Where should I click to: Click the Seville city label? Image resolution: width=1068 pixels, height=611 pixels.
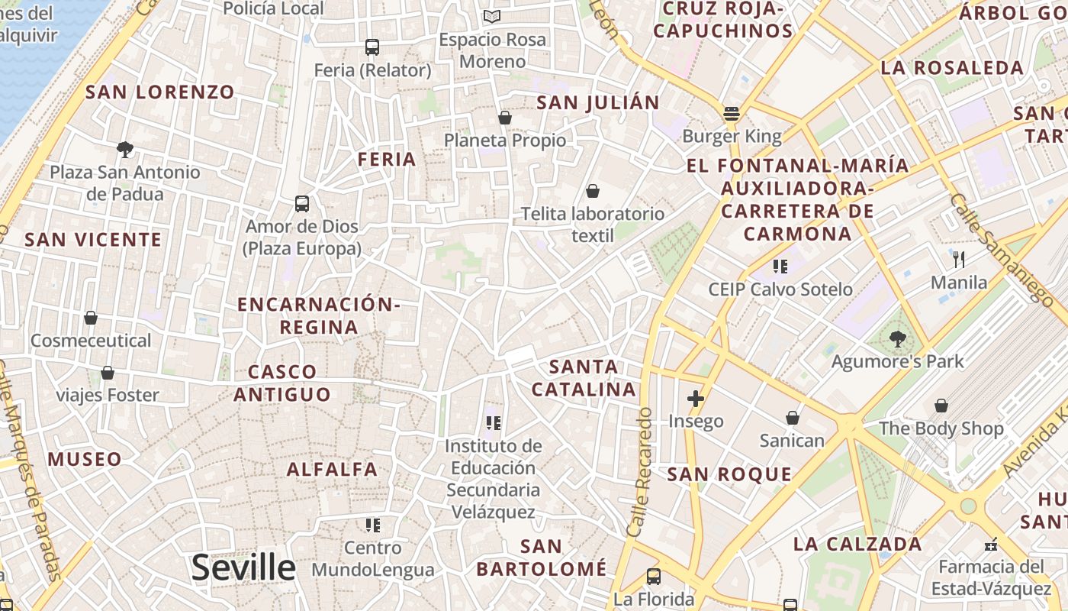[243, 567]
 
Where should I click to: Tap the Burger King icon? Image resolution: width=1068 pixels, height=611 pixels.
[732, 114]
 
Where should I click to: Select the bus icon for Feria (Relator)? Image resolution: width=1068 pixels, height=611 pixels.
[372, 47]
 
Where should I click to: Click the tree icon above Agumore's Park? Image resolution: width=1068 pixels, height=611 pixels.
[897, 338]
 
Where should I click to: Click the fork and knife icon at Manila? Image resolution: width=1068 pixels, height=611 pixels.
[959, 260]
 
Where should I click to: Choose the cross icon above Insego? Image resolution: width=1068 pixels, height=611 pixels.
[695, 399]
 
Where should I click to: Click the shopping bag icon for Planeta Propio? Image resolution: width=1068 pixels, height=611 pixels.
[504, 118]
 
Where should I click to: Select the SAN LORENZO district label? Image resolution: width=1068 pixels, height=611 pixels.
[160, 92]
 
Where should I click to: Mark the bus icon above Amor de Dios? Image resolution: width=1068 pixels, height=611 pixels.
[302, 204]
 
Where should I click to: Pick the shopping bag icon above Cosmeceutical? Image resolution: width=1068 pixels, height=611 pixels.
[91, 318]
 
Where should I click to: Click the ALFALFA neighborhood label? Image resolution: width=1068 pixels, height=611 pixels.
[332, 469]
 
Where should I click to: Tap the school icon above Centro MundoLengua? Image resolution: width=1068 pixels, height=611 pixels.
[372, 525]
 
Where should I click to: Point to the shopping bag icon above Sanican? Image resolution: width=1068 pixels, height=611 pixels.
[793, 418]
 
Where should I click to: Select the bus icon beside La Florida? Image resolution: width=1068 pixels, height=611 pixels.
[653, 577]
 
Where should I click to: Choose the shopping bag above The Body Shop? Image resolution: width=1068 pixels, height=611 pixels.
[941, 406]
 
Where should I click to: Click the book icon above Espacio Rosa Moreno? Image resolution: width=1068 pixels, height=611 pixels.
[492, 17]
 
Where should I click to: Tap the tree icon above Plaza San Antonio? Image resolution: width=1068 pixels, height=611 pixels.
[125, 149]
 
